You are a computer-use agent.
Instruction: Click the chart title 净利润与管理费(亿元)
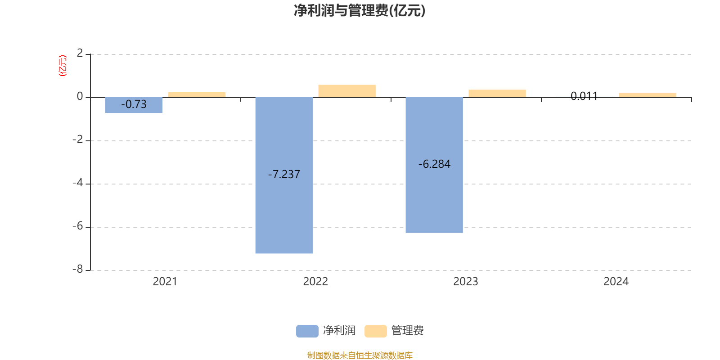(x=360, y=11)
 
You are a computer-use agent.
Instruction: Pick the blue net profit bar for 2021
(x=134, y=108)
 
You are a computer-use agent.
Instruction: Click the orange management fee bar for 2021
(x=197, y=94)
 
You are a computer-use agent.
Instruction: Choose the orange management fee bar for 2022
(x=347, y=91)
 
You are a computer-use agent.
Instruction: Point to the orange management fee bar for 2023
(x=497, y=94)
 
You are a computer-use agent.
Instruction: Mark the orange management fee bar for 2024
(x=648, y=95)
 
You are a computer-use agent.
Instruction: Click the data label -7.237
(x=284, y=175)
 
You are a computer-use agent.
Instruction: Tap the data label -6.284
(x=434, y=164)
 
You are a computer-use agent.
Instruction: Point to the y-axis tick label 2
(x=80, y=54)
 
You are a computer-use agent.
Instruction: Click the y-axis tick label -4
(x=78, y=183)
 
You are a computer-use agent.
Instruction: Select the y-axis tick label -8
(x=78, y=270)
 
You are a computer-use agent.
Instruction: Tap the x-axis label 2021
(x=165, y=282)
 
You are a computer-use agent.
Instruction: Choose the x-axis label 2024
(x=616, y=282)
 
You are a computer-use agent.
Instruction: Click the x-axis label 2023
(x=466, y=282)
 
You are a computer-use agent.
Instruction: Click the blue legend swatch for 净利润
(x=307, y=331)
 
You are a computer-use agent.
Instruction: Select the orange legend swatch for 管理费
(x=375, y=331)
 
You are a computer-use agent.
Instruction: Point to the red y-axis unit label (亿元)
(x=63, y=66)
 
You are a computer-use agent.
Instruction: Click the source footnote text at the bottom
(x=360, y=355)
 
